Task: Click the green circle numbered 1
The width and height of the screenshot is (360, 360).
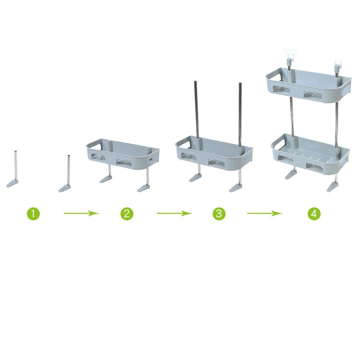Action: click(33, 214)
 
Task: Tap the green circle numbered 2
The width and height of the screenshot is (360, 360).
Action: click(127, 214)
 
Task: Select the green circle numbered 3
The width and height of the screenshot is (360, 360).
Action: click(219, 214)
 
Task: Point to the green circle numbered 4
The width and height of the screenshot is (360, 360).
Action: click(314, 214)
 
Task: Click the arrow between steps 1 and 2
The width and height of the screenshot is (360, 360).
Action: click(81, 214)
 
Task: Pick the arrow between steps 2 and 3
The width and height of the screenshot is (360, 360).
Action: click(175, 214)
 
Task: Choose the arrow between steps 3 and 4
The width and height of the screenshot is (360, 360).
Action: click(264, 214)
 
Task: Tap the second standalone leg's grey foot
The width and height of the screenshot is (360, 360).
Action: click(64, 188)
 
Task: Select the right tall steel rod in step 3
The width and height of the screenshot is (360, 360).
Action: click(240, 115)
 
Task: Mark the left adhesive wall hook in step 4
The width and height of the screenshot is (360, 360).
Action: click(288, 60)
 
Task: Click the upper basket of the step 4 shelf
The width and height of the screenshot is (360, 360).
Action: click(308, 84)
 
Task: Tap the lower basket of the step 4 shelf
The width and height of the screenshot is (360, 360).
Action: click(310, 154)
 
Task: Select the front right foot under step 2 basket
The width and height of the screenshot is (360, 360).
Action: click(144, 188)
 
